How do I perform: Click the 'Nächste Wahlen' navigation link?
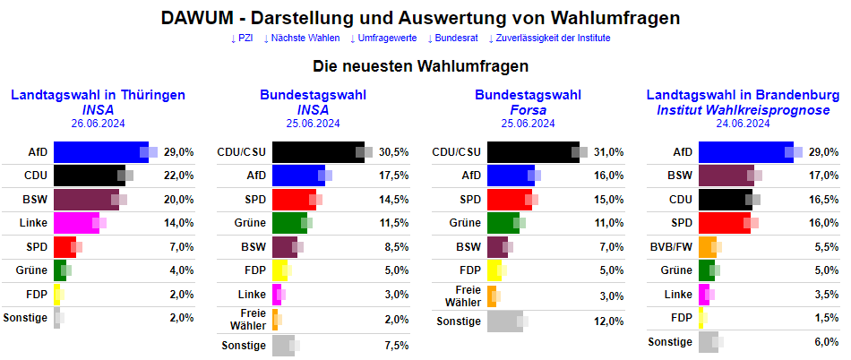click(x=302, y=39)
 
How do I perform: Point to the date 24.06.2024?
click(x=743, y=124)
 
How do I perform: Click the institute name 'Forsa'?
click(x=528, y=110)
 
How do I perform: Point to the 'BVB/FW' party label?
click(x=671, y=245)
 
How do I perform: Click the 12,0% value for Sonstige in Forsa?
click(x=608, y=321)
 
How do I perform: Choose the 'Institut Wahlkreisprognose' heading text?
click(x=743, y=110)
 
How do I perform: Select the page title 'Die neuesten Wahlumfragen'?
click(x=421, y=66)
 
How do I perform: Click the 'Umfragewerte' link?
click(x=383, y=39)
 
